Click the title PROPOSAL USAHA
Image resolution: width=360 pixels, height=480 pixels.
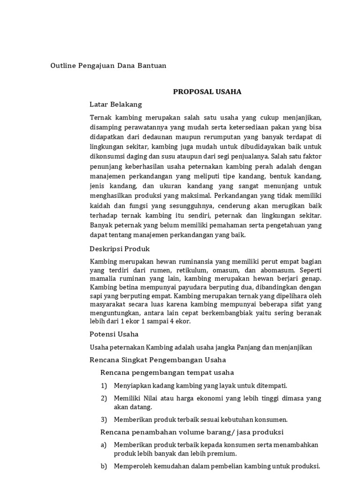[207, 92]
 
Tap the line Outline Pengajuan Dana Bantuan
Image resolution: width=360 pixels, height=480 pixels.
[108, 66]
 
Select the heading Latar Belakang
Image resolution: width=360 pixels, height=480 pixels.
[115, 104]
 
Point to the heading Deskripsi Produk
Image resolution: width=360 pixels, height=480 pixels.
[120, 248]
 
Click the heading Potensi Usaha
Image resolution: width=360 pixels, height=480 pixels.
[114, 334]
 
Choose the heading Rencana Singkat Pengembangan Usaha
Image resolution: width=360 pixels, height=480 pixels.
[157, 360]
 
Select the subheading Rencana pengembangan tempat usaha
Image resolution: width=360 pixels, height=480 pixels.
[167, 373]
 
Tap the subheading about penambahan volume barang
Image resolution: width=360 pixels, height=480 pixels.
[192, 432]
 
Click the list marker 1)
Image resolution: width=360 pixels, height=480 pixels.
[104, 386]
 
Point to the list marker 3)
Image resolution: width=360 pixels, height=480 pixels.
[104, 420]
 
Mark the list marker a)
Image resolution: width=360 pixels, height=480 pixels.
[104, 445]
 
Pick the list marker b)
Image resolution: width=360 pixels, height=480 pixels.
[104, 466]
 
